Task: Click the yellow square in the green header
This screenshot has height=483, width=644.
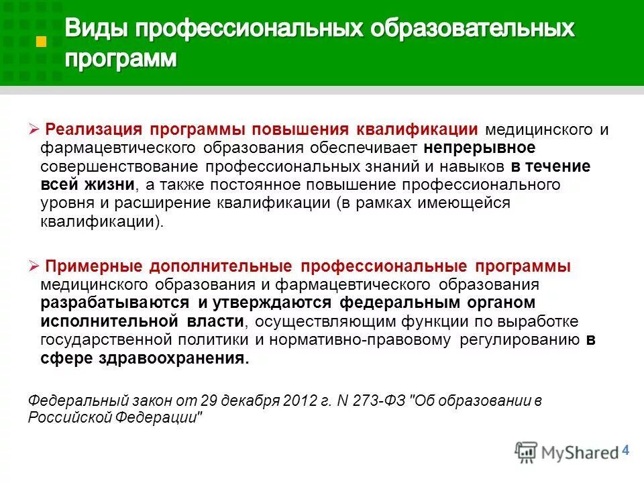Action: click(x=42, y=42)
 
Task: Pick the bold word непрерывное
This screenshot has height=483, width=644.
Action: click(x=479, y=147)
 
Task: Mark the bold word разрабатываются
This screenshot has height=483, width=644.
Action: click(x=114, y=303)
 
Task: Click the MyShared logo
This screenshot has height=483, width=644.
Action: click(x=567, y=451)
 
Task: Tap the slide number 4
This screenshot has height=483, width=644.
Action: click(x=627, y=450)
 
